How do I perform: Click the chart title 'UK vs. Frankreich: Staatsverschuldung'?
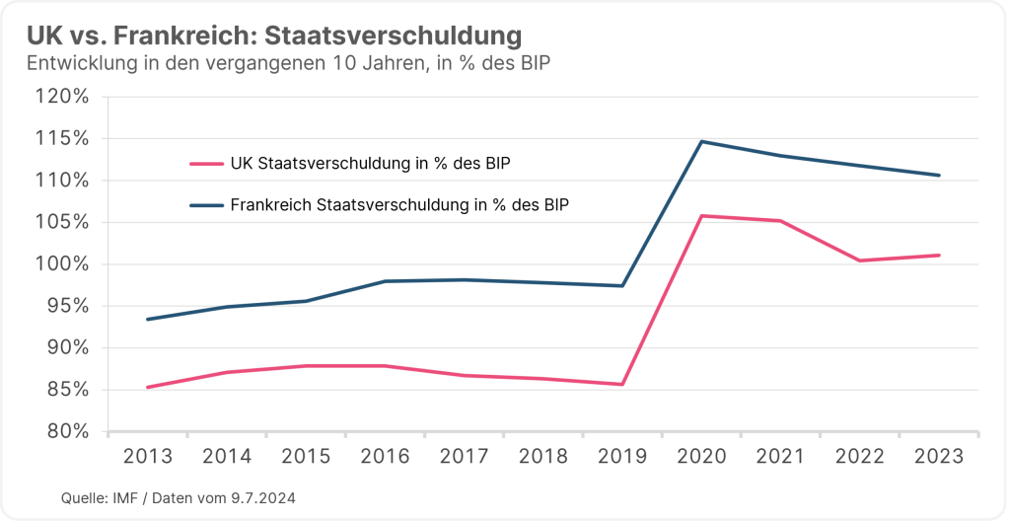(274, 37)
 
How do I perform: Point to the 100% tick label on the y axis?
(64, 264)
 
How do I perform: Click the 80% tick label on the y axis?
(69, 432)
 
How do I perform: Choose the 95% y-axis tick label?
(69, 306)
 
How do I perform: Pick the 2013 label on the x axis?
(147, 457)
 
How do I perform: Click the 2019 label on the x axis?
(622, 457)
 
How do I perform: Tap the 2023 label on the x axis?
(939, 457)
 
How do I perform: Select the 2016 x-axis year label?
(385, 457)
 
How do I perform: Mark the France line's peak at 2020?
(701, 141)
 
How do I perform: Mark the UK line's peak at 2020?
(701, 215)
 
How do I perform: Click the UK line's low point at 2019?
(622, 384)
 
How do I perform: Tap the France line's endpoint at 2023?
(939, 176)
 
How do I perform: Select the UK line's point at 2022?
(860, 260)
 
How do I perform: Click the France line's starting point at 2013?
(147, 319)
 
